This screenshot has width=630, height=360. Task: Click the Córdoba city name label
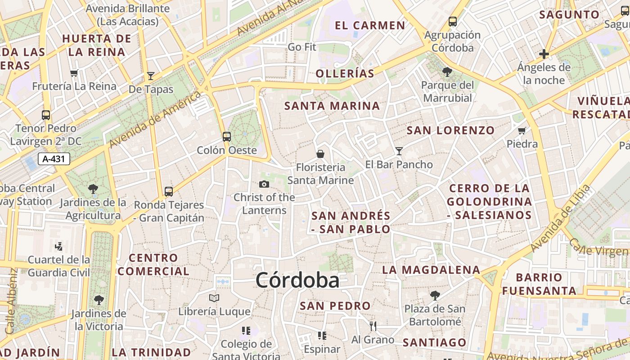click(x=297, y=280)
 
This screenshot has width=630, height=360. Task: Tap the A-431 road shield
click(x=54, y=159)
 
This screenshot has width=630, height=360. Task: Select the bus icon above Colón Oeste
click(x=227, y=136)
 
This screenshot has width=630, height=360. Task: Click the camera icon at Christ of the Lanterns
click(x=264, y=184)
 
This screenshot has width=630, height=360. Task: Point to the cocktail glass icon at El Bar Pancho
click(x=399, y=151)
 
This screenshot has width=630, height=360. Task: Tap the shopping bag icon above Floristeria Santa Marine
click(x=320, y=154)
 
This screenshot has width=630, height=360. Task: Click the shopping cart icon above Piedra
click(x=522, y=130)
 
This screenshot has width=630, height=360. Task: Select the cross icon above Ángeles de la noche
click(x=544, y=54)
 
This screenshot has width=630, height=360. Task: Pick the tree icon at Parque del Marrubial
click(x=447, y=72)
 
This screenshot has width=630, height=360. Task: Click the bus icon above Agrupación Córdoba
click(x=453, y=21)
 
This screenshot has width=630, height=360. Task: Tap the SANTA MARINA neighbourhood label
click(x=332, y=106)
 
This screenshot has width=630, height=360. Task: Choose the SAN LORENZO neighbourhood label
click(x=450, y=130)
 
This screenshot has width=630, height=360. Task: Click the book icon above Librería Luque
click(x=214, y=298)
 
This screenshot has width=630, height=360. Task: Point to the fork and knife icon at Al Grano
click(x=373, y=326)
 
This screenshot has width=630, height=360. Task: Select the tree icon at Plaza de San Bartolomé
click(x=435, y=295)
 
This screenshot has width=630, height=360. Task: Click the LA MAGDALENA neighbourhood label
click(x=431, y=270)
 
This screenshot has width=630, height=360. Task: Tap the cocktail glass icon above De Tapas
click(x=151, y=76)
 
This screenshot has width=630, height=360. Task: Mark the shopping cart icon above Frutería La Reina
click(x=74, y=73)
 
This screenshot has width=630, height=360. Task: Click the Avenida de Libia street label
click(x=561, y=218)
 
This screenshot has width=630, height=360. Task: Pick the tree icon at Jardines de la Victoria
click(x=99, y=300)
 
